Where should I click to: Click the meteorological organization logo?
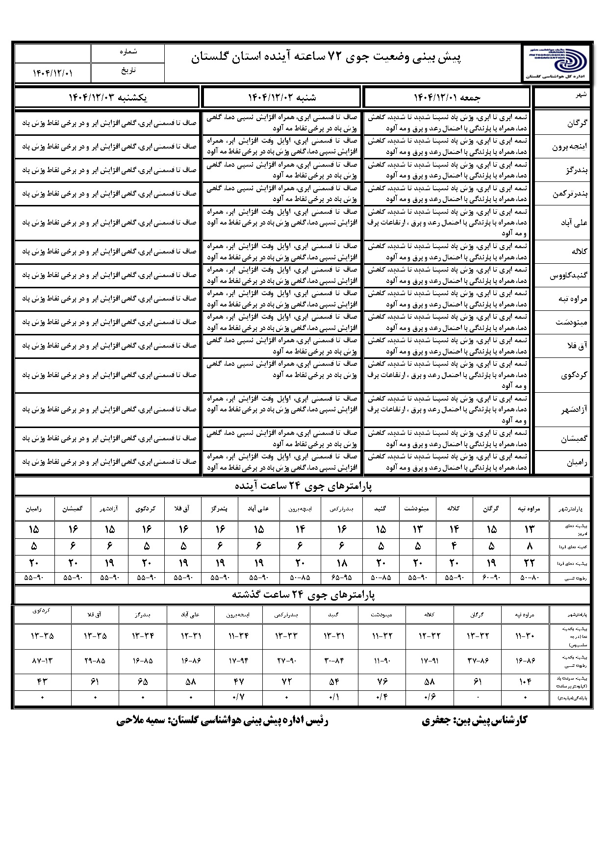point(556,63)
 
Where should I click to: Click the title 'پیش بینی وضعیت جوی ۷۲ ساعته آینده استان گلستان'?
point(326,58)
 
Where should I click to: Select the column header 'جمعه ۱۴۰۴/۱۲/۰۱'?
point(447,97)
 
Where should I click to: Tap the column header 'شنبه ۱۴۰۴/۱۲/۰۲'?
point(282,97)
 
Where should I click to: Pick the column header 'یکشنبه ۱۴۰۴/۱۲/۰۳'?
point(107,97)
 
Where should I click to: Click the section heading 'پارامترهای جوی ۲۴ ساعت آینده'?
point(303,486)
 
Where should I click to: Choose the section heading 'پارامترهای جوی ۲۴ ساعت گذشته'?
point(303,595)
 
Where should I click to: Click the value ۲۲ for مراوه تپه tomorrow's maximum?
point(529,563)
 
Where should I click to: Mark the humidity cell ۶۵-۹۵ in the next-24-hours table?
point(342,578)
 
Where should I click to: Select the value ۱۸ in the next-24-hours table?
point(342,563)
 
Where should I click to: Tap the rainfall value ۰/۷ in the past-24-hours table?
point(238,697)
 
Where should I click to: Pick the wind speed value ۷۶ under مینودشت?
point(382,682)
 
